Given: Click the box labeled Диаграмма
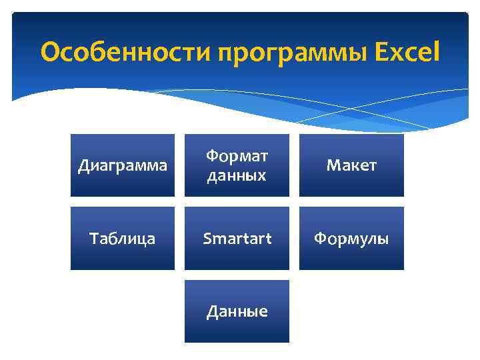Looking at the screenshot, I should tap(123, 165).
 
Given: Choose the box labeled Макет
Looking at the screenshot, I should tap(351, 165).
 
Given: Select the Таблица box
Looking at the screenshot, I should tap(123, 238).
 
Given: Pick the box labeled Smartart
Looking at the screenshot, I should tap(237, 238).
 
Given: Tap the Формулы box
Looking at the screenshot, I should tap(351, 238).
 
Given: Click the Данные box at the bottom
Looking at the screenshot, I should tap(237, 311).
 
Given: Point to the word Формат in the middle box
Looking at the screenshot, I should tap(237, 157).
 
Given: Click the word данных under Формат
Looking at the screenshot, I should tap(237, 175).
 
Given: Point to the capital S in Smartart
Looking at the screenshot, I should tap(207, 238).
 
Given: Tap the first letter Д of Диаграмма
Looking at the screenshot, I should tap(83, 166).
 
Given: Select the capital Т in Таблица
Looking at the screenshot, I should tap(93, 238).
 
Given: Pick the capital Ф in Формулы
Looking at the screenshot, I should tap(320, 238).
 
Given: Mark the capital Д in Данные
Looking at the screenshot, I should tap(212, 311).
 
